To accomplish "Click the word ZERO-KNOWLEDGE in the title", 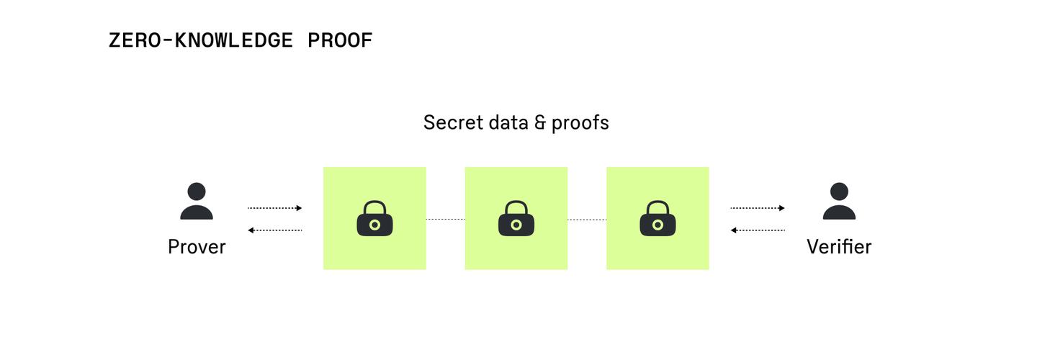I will click(x=200, y=40).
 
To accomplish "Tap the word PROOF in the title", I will click(x=340, y=40).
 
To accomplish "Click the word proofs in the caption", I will click(x=580, y=123).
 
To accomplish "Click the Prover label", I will click(x=197, y=247).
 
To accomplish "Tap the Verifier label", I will click(x=839, y=247).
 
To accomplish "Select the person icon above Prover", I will click(x=197, y=201).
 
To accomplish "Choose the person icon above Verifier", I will click(x=839, y=201).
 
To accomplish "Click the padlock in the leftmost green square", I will click(x=374, y=219).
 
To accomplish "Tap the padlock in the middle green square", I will click(x=516, y=219).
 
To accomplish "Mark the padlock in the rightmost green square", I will click(x=657, y=219).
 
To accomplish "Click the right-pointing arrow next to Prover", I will click(x=274, y=208).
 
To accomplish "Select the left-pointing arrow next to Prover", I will click(x=274, y=230).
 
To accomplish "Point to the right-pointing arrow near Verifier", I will click(x=758, y=208).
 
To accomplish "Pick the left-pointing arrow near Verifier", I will click(x=758, y=230).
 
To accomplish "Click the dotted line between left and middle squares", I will click(x=445, y=219).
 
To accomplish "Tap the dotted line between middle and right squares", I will click(x=587, y=219).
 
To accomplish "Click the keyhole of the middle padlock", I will click(x=516, y=225).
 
